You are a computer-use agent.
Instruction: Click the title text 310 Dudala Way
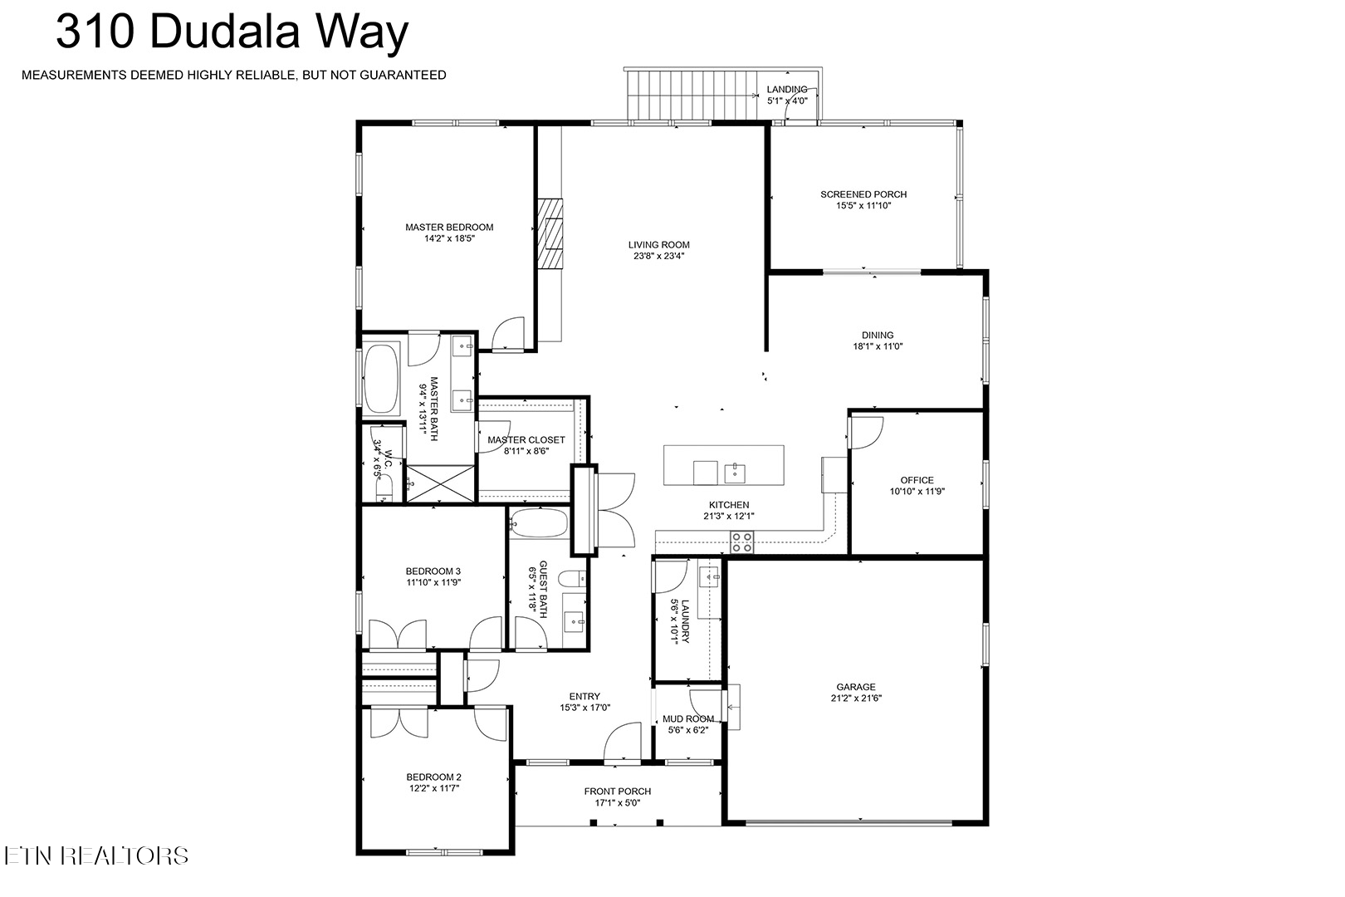(232, 32)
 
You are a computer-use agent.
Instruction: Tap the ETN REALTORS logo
(96, 856)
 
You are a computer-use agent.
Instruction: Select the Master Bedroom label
(449, 227)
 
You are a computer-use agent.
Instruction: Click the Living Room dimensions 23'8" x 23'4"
(658, 256)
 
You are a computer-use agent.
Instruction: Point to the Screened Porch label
(863, 194)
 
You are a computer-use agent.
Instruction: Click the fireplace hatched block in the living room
(550, 233)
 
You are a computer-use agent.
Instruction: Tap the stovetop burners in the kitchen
(741, 542)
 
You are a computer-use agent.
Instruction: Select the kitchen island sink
(734, 473)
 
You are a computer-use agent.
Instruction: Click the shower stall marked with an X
(441, 483)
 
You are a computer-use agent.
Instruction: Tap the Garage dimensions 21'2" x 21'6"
(856, 698)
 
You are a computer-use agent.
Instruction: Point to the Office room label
(917, 480)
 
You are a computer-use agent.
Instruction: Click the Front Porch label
(617, 792)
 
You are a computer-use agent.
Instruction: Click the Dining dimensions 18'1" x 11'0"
(878, 346)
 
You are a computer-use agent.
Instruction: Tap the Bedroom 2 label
(433, 777)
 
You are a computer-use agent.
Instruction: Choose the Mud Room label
(688, 718)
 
